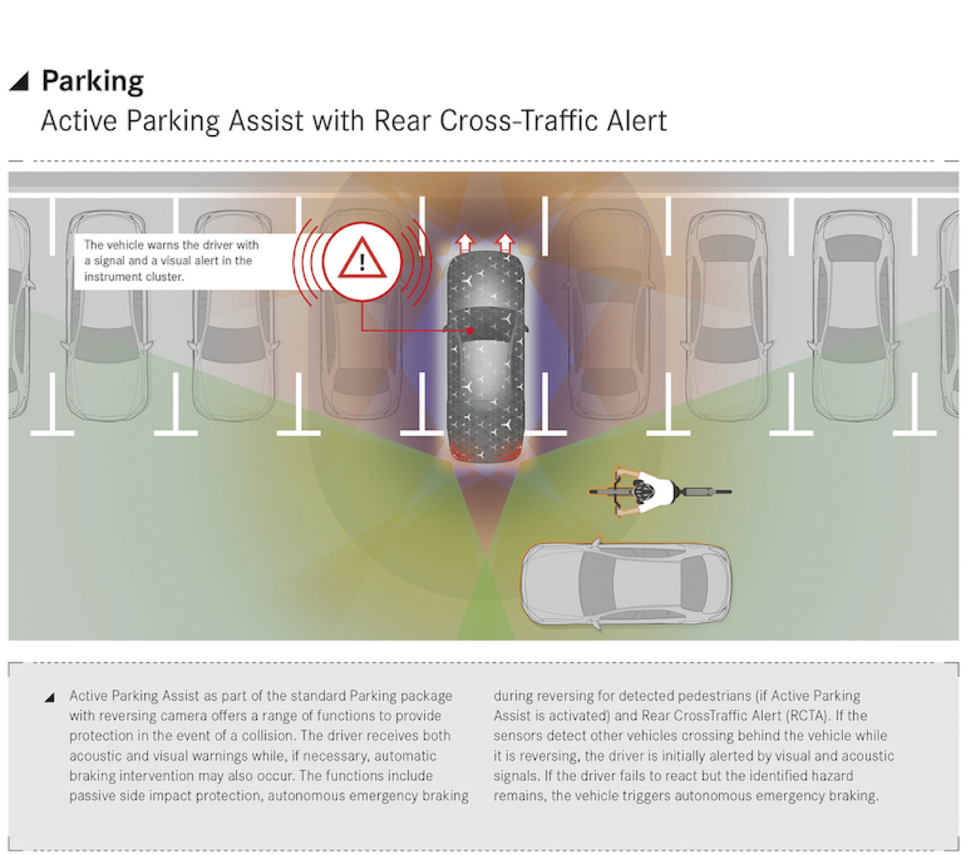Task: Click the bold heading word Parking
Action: (93, 81)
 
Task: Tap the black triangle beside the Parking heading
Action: (20, 82)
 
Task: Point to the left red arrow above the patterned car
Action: (465, 244)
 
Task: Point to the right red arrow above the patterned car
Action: (506, 244)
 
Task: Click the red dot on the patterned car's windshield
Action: (470, 331)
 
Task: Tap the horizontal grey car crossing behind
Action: (625, 583)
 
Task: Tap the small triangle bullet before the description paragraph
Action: (50, 697)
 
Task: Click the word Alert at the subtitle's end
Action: (636, 120)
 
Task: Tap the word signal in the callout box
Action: (120, 261)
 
